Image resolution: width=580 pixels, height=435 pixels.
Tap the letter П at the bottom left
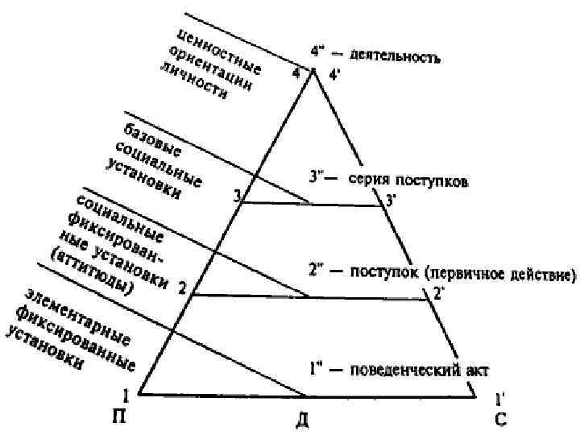(121, 416)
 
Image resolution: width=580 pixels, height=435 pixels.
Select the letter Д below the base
(302, 420)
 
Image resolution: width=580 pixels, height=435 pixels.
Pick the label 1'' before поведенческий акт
(317, 370)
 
